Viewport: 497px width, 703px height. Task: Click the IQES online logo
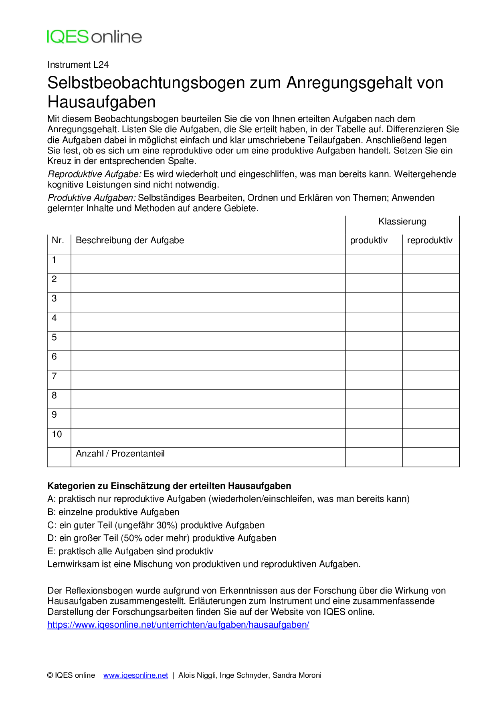coord(94,37)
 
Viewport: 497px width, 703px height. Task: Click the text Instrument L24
coord(78,65)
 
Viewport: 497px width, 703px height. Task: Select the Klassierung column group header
coord(402,222)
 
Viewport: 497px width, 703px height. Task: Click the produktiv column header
coord(369,240)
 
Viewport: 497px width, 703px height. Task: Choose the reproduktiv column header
coord(430,240)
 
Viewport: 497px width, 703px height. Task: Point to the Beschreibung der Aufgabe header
coord(130,240)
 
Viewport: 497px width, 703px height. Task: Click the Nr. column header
coord(58,240)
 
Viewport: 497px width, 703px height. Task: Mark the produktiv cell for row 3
coord(374,302)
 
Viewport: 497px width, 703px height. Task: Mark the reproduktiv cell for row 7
coord(431,380)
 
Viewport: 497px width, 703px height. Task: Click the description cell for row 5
coord(208,341)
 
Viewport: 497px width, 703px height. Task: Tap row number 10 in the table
coord(57,434)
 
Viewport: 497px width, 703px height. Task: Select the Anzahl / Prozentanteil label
coord(120,454)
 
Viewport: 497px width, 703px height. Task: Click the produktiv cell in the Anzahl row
coord(374,457)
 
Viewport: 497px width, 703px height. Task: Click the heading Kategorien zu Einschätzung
coord(169,486)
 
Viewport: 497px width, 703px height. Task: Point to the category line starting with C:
coord(156,525)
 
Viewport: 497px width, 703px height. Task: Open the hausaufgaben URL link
coord(178,625)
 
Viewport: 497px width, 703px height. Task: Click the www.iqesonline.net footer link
coord(135,675)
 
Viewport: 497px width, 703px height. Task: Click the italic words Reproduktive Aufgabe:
coord(95,174)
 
